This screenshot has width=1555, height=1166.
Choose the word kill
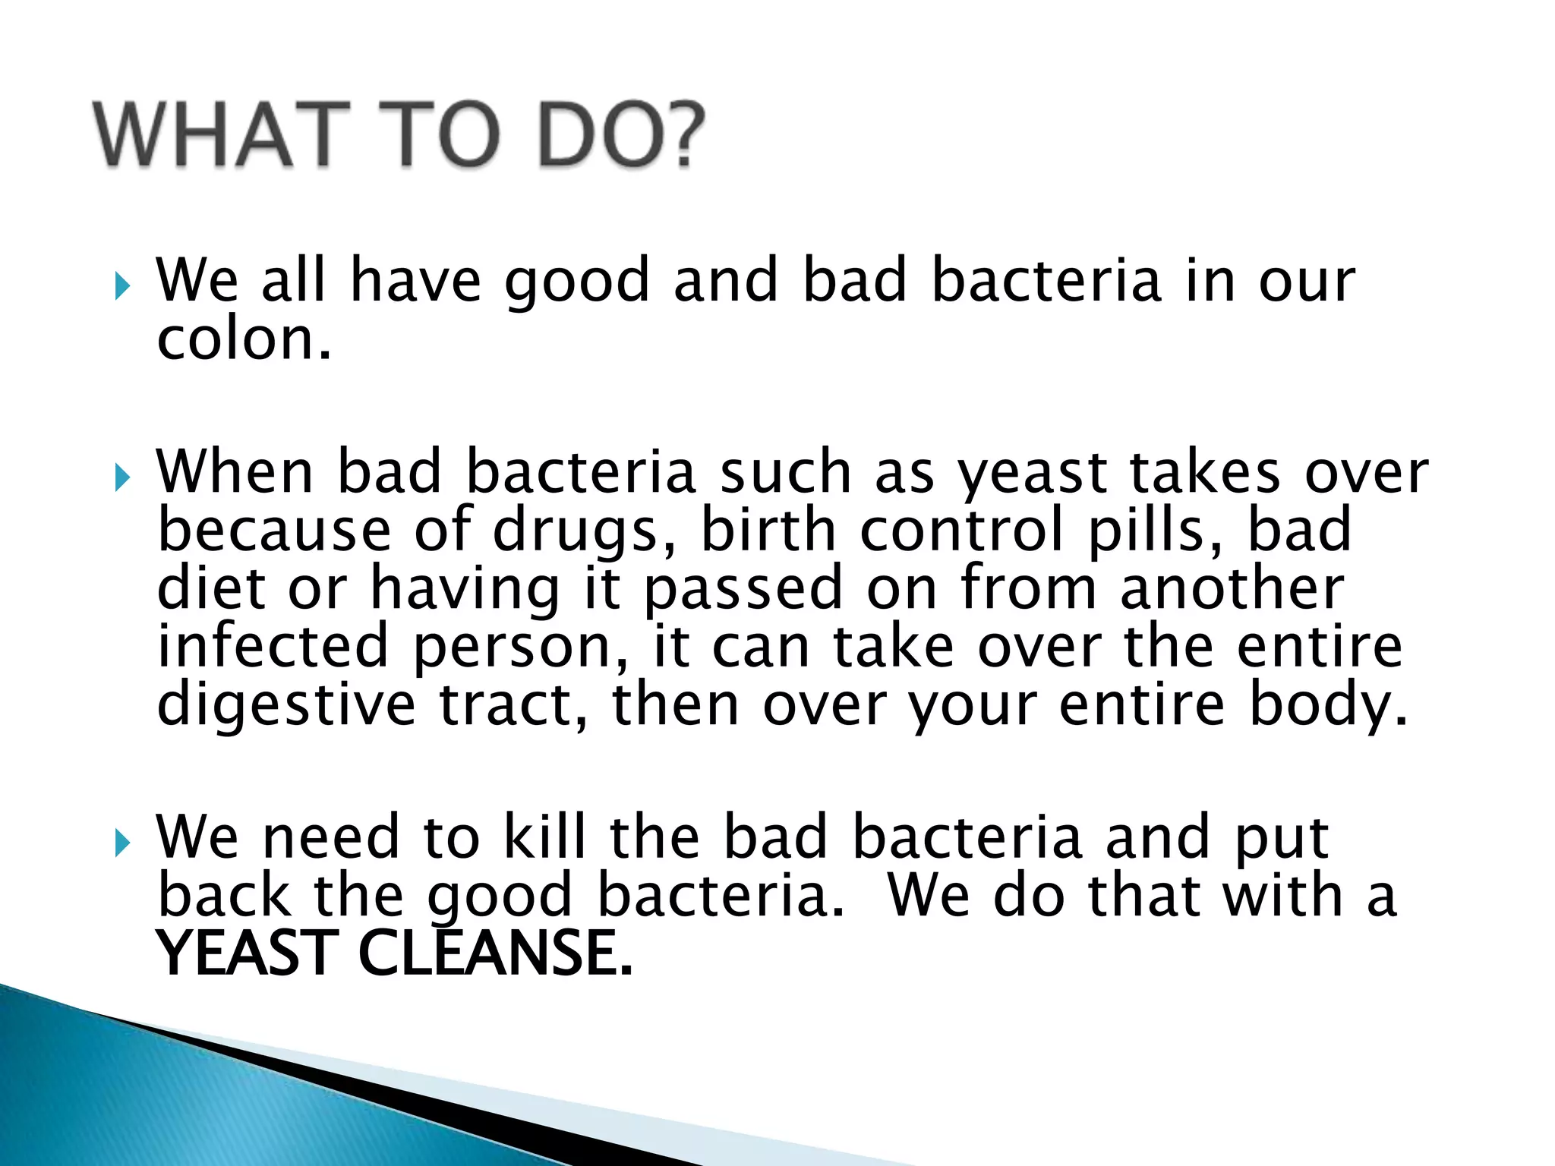click(544, 837)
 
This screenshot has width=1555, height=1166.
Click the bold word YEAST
click(247, 954)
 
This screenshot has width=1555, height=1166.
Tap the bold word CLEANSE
click(494, 954)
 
